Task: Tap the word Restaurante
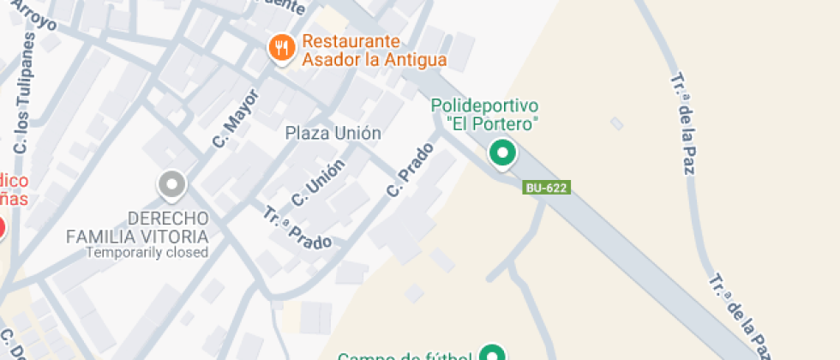coord(351,41)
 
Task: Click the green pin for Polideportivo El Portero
coord(501,154)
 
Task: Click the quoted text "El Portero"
coord(492,123)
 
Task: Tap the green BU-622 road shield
coord(547,187)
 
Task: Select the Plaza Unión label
coord(333,133)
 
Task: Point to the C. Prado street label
coord(410,170)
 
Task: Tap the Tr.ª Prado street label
coord(297,228)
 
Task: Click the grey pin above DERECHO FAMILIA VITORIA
coord(172,183)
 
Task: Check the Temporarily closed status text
coord(147,252)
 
